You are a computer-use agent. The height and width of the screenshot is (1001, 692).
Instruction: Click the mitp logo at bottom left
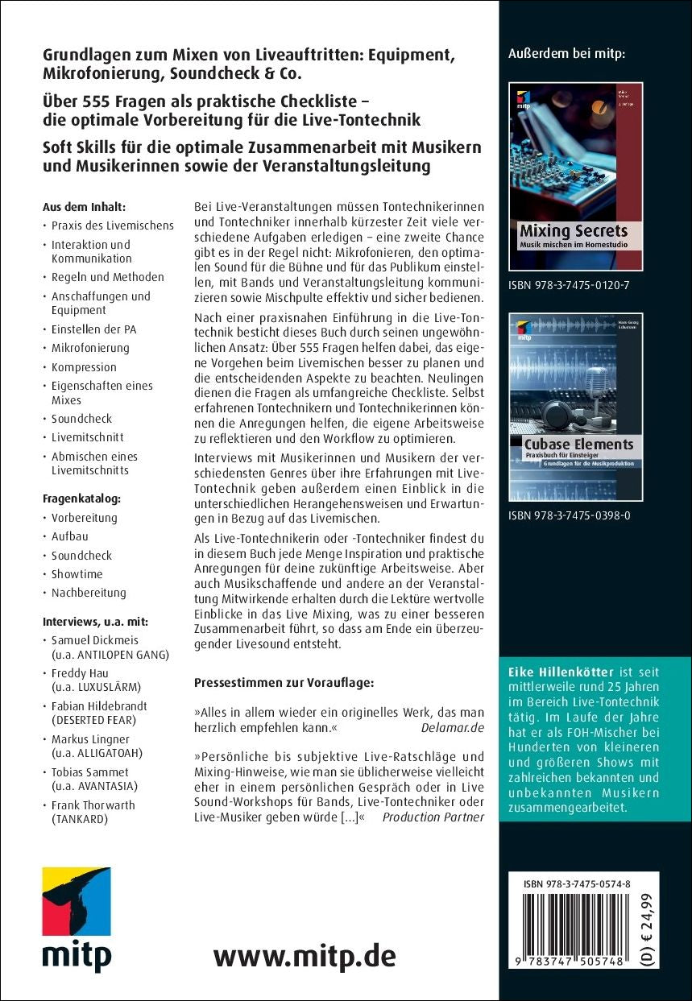(x=77, y=917)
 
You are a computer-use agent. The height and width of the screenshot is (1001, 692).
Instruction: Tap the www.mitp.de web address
(x=305, y=956)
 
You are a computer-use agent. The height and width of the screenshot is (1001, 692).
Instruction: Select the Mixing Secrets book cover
(x=575, y=176)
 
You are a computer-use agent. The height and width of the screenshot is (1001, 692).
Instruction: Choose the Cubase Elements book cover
(x=575, y=407)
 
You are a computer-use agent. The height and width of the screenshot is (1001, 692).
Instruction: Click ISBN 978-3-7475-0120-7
(x=570, y=285)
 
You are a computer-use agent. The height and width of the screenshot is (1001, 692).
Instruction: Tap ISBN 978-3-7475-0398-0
(x=570, y=515)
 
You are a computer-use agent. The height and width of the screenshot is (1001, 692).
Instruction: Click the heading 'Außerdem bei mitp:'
(x=567, y=55)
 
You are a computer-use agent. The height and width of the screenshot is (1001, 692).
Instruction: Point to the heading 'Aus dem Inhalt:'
(x=84, y=206)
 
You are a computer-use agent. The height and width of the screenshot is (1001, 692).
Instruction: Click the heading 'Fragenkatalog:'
(x=81, y=498)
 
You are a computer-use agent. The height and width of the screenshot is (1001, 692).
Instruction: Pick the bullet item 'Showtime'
(x=77, y=574)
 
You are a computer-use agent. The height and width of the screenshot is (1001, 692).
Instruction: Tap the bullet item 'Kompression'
(x=84, y=366)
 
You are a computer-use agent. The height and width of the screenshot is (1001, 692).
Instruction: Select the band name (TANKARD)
(x=81, y=819)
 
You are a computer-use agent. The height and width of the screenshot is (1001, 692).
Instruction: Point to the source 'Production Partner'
(x=433, y=817)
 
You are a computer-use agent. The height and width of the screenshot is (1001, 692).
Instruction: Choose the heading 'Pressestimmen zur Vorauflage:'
(x=284, y=683)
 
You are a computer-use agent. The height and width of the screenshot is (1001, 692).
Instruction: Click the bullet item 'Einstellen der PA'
(x=94, y=329)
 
